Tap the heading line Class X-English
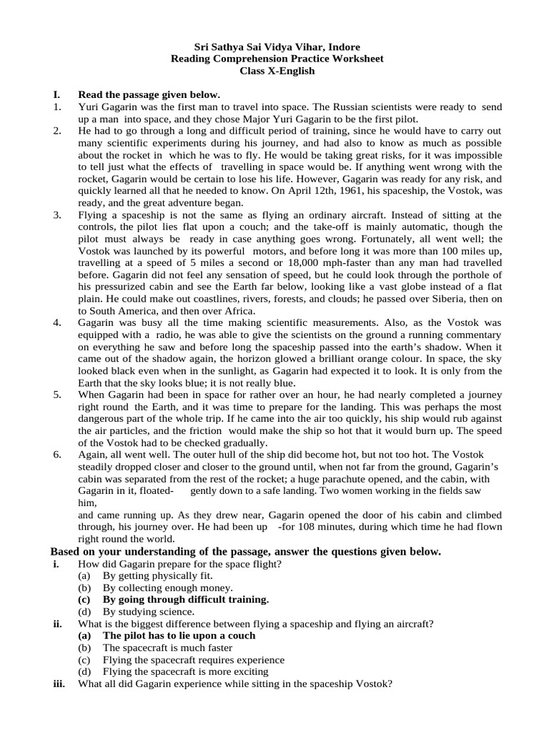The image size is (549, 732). [x=277, y=71]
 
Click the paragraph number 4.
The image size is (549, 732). [x=56, y=323]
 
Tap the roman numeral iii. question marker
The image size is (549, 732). [x=59, y=683]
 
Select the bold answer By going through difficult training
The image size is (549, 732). [x=186, y=600]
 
